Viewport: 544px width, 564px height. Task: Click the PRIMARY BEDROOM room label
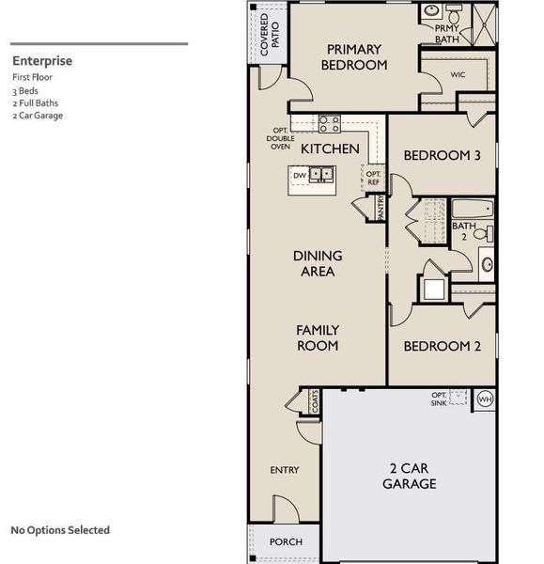click(x=354, y=57)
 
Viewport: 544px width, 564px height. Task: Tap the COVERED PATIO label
click(x=270, y=35)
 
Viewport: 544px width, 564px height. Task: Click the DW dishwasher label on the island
click(x=300, y=175)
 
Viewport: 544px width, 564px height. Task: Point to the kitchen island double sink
click(x=322, y=175)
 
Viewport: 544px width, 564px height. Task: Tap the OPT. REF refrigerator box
click(x=373, y=177)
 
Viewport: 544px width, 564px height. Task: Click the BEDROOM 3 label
click(x=442, y=156)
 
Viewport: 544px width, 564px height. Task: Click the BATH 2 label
click(x=463, y=231)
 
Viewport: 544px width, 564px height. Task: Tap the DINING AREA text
click(x=318, y=263)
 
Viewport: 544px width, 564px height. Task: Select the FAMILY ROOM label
click(x=318, y=337)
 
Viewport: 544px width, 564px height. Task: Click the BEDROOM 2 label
click(x=442, y=346)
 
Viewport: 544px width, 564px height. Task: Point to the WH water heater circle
click(x=485, y=399)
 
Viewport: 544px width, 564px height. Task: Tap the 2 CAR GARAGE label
click(x=409, y=476)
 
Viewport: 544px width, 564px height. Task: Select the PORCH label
click(x=286, y=542)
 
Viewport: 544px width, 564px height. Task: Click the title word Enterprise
click(x=42, y=61)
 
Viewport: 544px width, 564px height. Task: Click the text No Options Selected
click(x=60, y=530)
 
